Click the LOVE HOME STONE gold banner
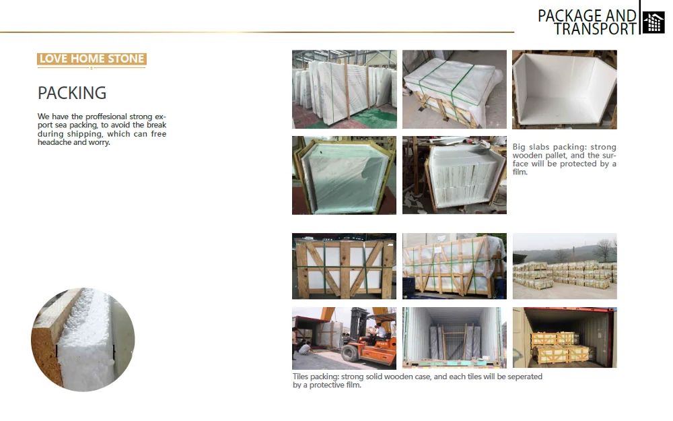pyautogui.click(x=92, y=59)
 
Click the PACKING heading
pyautogui.click(x=72, y=93)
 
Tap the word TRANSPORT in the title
pyautogui.click(x=595, y=29)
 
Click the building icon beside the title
pyautogui.click(x=653, y=22)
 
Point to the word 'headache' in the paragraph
pyautogui.click(x=54, y=142)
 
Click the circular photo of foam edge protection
pyautogui.click(x=83, y=339)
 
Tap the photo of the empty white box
pyautogui.click(x=564, y=89)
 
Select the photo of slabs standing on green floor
pyautogui.click(x=344, y=89)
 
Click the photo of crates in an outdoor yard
pyautogui.click(x=564, y=266)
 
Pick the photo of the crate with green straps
pyautogui.click(x=344, y=266)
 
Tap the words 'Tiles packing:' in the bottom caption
pyautogui.click(x=316, y=377)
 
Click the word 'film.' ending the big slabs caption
pyautogui.click(x=520, y=172)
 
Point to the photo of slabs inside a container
pyautogui.click(x=454, y=337)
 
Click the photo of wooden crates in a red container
pyautogui.click(x=564, y=337)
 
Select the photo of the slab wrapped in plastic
pyautogui.click(x=344, y=175)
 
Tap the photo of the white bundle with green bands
pyautogui.click(x=454, y=89)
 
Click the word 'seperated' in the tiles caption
pyautogui.click(x=524, y=377)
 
